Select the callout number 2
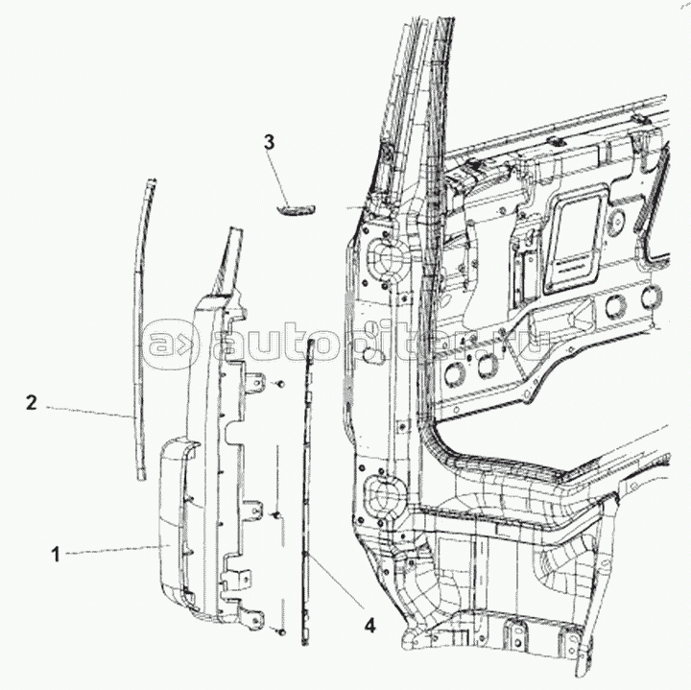pyautogui.click(x=31, y=402)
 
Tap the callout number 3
pyautogui.click(x=269, y=142)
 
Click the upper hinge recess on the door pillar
pyautogui.click(x=378, y=260)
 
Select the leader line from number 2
pyautogui.click(x=87, y=410)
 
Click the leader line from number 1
pyautogui.click(x=114, y=550)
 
